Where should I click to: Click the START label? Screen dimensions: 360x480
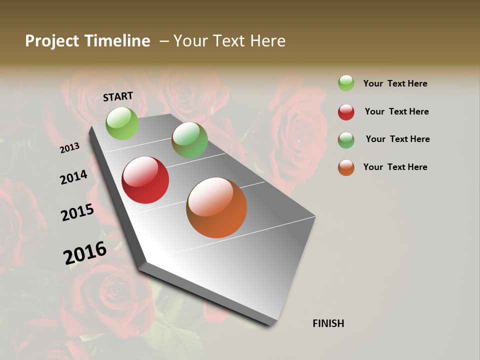pyautogui.click(x=118, y=96)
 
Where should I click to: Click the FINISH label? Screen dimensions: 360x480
pyautogui.click(x=328, y=323)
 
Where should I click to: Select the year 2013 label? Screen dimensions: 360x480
pyautogui.click(x=70, y=148)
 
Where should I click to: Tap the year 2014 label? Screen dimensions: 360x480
pyautogui.click(x=74, y=177)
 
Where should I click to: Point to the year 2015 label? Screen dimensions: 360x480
pyautogui.click(x=77, y=212)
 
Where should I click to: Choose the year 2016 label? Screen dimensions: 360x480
pyautogui.click(x=85, y=252)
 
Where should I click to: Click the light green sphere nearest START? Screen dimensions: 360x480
pyautogui.click(x=122, y=123)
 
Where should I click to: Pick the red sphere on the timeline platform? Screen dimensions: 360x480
pyautogui.click(x=145, y=180)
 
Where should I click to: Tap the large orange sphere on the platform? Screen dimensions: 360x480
pyautogui.click(x=216, y=207)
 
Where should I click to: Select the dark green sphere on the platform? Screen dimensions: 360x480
pyautogui.click(x=189, y=140)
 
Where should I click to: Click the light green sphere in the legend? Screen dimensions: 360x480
pyautogui.click(x=346, y=83)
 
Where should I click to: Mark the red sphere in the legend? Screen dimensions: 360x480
pyautogui.click(x=346, y=112)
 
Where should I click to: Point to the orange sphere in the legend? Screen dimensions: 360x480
pyautogui.click(x=346, y=167)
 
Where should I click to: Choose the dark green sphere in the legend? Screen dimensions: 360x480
pyautogui.click(x=346, y=140)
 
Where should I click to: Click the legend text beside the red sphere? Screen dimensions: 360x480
pyautogui.click(x=396, y=111)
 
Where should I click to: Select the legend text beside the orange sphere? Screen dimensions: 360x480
pyautogui.click(x=395, y=167)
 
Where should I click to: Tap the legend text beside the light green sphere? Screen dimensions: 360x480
pyautogui.click(x=395, y=83)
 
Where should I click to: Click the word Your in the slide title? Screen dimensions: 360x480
pyautogui.click(x=190, y=41)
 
